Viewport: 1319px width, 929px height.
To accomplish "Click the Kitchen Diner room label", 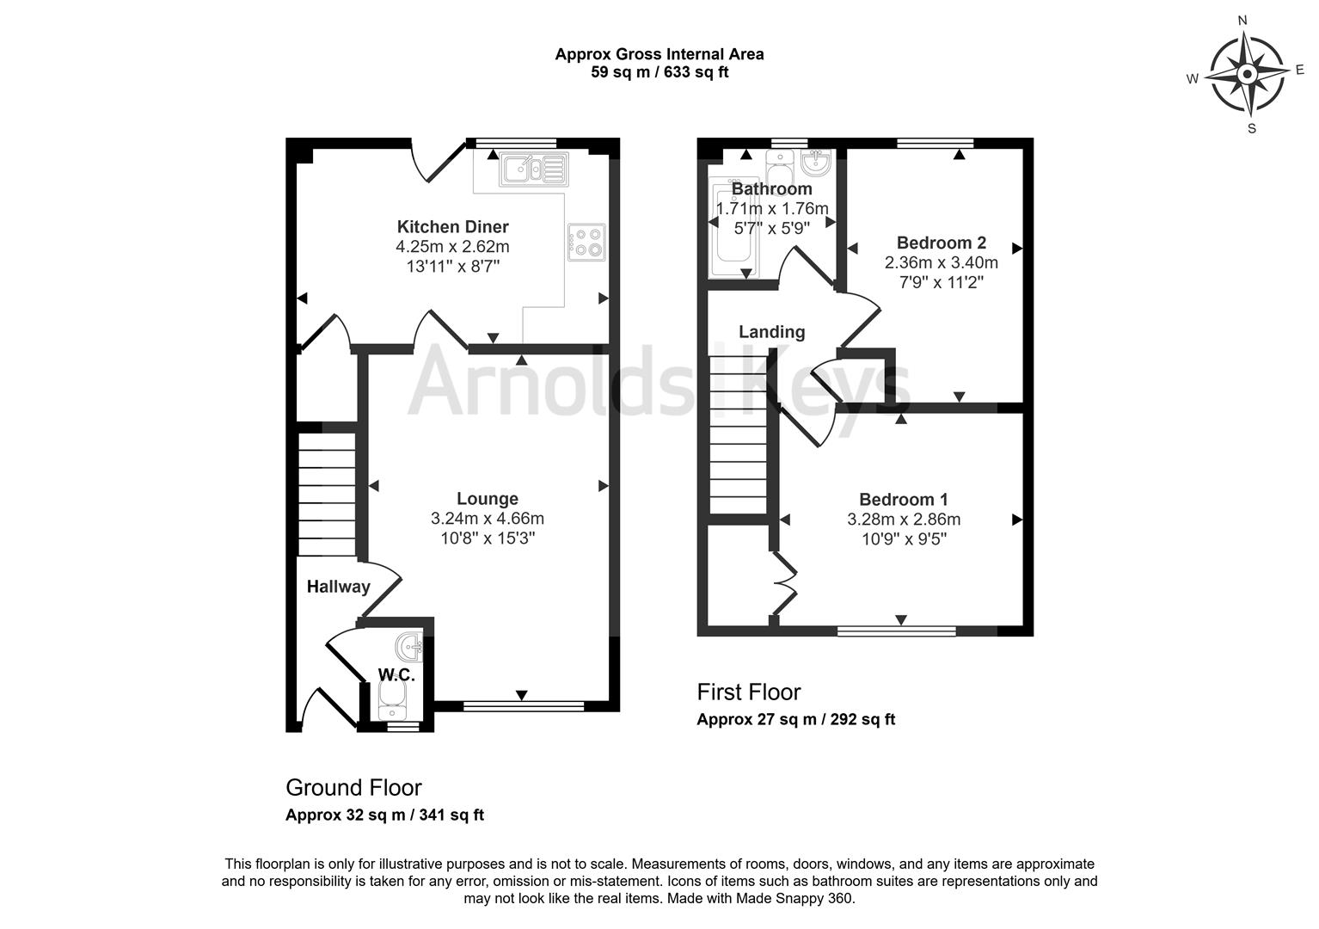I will pos(452,227).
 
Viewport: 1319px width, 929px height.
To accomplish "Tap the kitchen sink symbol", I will pos(533,169).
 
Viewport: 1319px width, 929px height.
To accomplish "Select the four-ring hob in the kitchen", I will pos(586,241).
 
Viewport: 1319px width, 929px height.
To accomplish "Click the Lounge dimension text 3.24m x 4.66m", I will pos(487,519).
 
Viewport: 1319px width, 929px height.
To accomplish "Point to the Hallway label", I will pos(338,587).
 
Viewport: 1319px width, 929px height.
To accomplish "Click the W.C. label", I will pos(396,675).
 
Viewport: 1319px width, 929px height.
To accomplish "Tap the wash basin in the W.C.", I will pos(409,645).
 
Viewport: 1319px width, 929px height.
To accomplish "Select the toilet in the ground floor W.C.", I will pos(393,701).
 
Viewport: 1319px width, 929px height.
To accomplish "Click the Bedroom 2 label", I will pos(941,243).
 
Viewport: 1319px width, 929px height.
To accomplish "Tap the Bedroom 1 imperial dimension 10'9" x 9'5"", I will pos(903,539).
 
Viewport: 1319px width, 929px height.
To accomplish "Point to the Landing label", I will pos(771,332).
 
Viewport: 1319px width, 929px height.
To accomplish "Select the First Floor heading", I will pos(748,692).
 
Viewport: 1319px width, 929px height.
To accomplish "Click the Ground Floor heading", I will pos(353,788).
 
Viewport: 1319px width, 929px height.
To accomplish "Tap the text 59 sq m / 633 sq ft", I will pos(659,72).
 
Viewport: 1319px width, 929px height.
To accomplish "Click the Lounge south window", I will pos(523,706).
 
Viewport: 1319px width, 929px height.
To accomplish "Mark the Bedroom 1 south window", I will pos(897,631).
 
